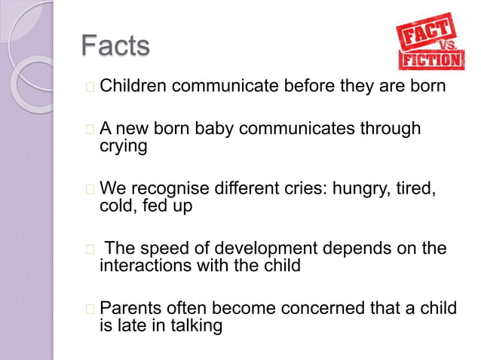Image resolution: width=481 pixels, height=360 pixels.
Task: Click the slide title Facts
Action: [115, 46]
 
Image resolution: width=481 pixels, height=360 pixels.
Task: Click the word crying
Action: [124, 146]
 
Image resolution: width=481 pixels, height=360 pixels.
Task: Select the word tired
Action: [416, 188]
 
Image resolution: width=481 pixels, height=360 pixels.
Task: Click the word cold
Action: [116, 205]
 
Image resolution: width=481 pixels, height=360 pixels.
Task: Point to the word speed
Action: [162, 248]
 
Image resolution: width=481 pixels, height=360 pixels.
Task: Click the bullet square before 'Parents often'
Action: [90, 309]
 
